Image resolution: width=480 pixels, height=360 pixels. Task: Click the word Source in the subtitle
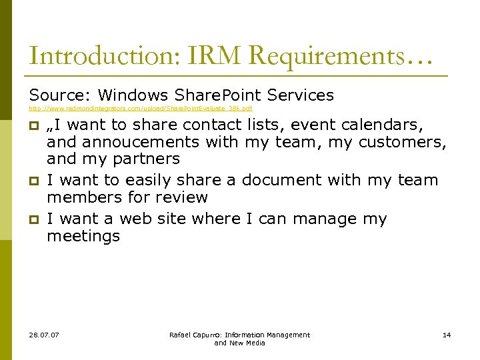56,95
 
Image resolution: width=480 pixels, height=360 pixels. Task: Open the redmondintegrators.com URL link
140,108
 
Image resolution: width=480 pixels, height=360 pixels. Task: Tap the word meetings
83,236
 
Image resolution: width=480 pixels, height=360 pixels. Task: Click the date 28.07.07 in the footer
44,335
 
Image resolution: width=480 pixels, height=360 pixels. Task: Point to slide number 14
447,335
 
